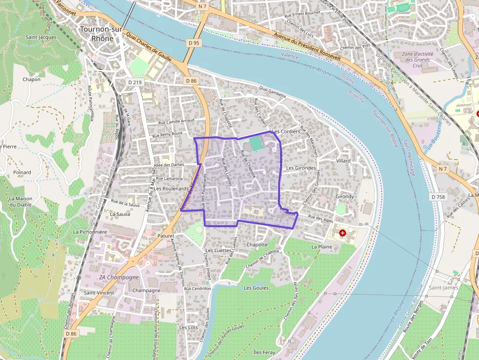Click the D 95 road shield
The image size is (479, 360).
pos(194,43)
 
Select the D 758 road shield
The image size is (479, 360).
pos(439,197)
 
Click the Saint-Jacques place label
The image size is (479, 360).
pos(41,37)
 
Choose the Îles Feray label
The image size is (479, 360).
pos(264,352)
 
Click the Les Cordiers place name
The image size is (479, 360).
pos(285,131)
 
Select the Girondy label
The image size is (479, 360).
pos(345,196)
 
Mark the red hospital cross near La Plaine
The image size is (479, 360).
pos(342,233)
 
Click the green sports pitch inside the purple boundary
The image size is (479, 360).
pos(255,144)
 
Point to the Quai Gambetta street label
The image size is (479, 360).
pos(273,92)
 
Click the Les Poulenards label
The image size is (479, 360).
pos(172,189)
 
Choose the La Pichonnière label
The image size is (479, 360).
pos(90,232)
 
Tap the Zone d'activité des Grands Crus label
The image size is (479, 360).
pos(415,60)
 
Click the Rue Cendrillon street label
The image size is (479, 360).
pos(197,289)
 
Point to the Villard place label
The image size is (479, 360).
pos(343,161)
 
